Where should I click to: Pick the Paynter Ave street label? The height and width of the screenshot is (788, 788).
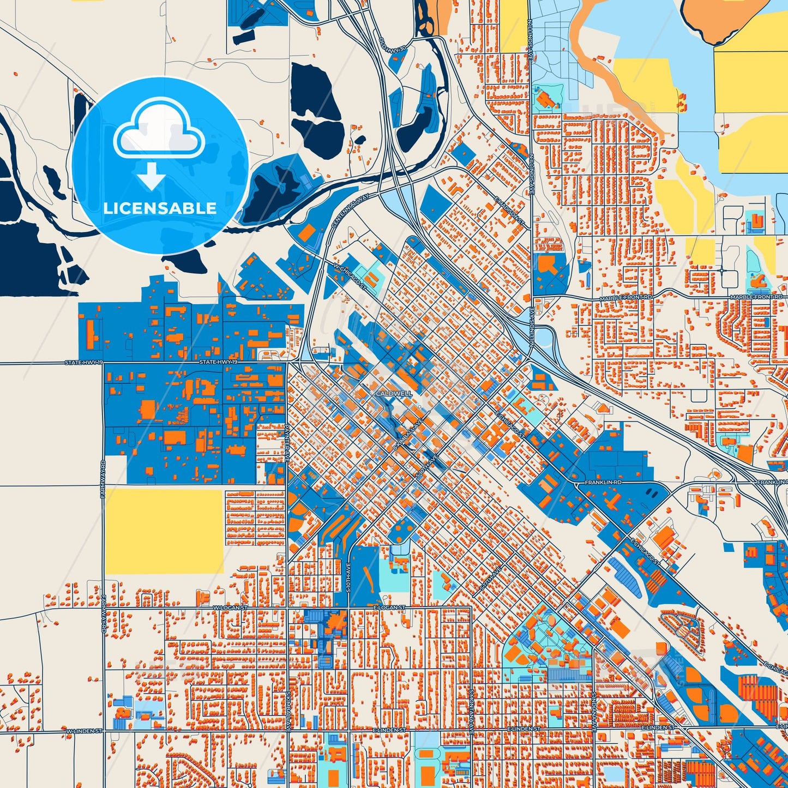click(x=286, y=444)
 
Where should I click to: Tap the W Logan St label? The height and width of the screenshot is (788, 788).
click(x=230, y=607)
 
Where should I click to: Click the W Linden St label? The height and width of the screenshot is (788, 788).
click(x=84, y=730)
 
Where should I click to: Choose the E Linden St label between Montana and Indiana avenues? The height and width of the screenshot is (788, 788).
click(x=524, y=729)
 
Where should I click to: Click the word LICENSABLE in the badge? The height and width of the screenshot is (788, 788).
click(x=160, y=208)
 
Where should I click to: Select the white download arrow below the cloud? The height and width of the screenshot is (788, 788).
click(x=152, y=175)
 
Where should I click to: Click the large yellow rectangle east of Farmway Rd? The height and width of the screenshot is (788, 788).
click(x=164, y=531)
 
